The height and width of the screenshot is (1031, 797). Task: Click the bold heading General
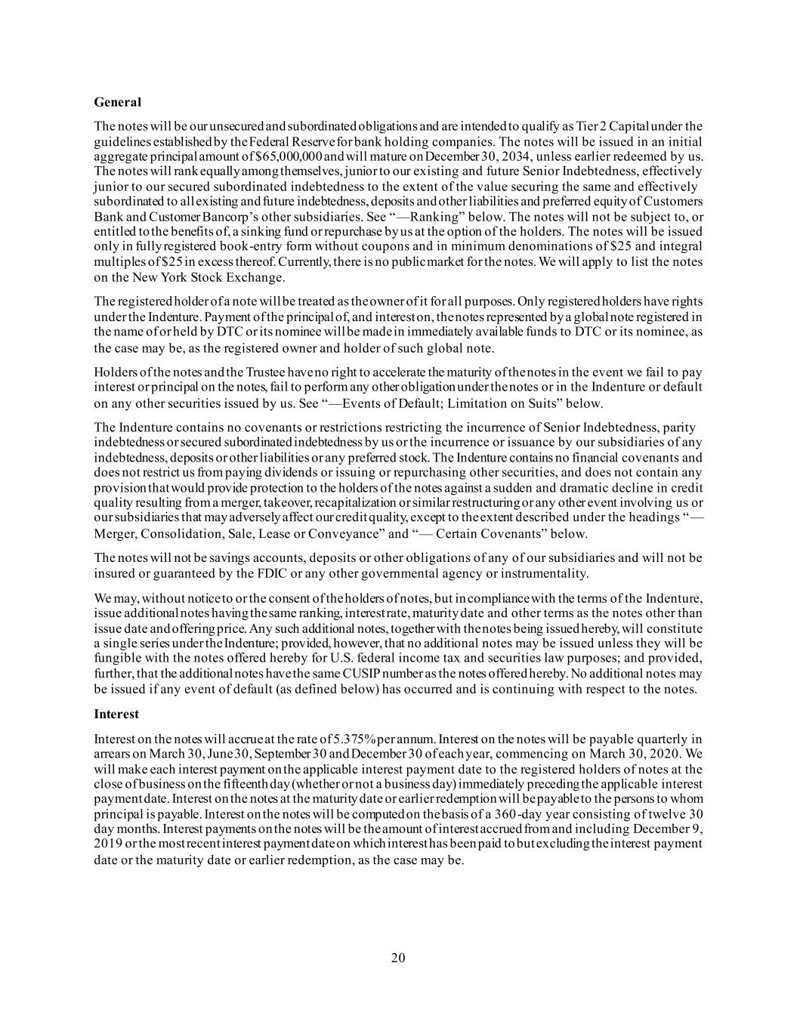tap(118, 101)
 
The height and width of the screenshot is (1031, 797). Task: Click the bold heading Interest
tap(117, 714)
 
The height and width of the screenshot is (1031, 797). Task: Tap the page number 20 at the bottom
tap(398, 958)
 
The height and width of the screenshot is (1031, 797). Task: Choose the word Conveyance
tap(344, 534)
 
